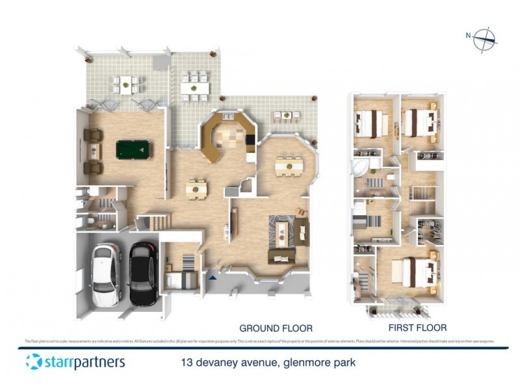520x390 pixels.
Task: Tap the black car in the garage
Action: [142, 273]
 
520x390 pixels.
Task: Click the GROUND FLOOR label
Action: [276, 328]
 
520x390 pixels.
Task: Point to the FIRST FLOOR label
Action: [417, 328]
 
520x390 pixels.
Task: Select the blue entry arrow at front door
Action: [213, 278]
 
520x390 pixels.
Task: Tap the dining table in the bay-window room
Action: [289, 166]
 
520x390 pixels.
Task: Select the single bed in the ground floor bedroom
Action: [181, 280]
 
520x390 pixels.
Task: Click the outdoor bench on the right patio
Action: [286, 117]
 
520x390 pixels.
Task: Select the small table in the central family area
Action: [196, 190]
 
